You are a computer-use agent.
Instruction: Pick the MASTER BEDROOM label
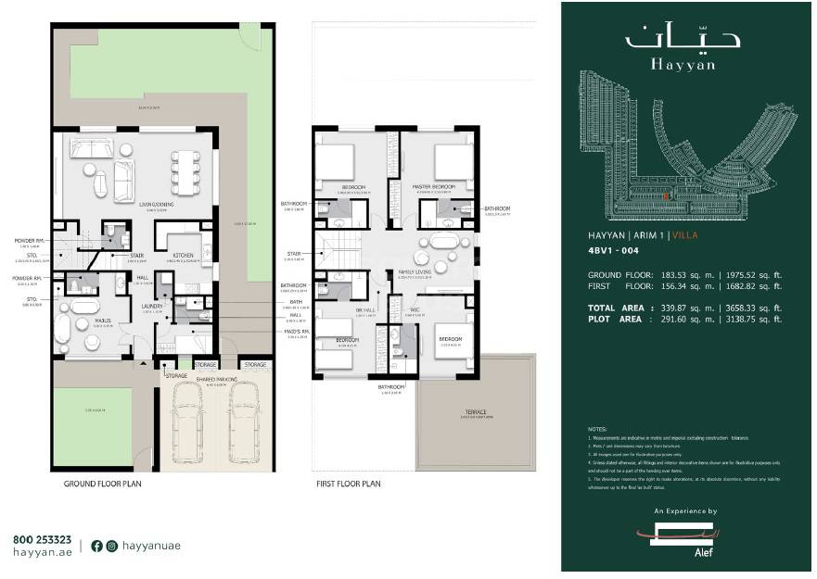(x=435, y=187)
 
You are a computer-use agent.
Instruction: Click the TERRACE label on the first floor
(x=476, y=412)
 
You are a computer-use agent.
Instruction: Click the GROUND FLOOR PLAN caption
(x=102, y=484)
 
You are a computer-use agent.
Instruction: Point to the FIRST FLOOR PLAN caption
(x=349, y=484)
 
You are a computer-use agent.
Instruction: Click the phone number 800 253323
(x=42, y=539)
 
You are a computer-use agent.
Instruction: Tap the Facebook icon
(x=96, y=546)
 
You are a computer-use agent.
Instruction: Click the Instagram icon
(x=112, y=546)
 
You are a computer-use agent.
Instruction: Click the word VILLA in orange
(x=684, y=236)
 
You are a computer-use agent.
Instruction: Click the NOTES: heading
(x=597, y=430)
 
